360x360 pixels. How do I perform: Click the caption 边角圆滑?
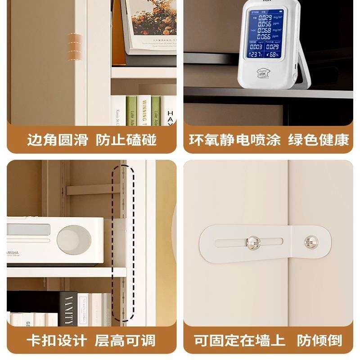[57, 140]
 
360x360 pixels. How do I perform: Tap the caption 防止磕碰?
[126, 140]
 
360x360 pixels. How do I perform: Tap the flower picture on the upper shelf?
[153, 22]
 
